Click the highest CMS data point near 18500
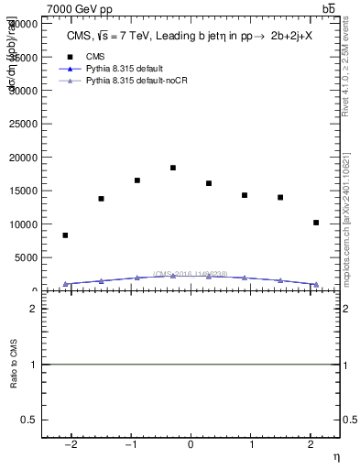[x=173, y=168]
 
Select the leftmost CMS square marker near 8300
[x=65, y=235]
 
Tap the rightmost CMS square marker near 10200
[x=316, y=223]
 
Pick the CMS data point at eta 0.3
[x=209, y=183]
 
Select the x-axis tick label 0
[x=191, y=445]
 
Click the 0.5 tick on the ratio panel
[x=29, y=420]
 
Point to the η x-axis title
[x=335, y=456]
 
